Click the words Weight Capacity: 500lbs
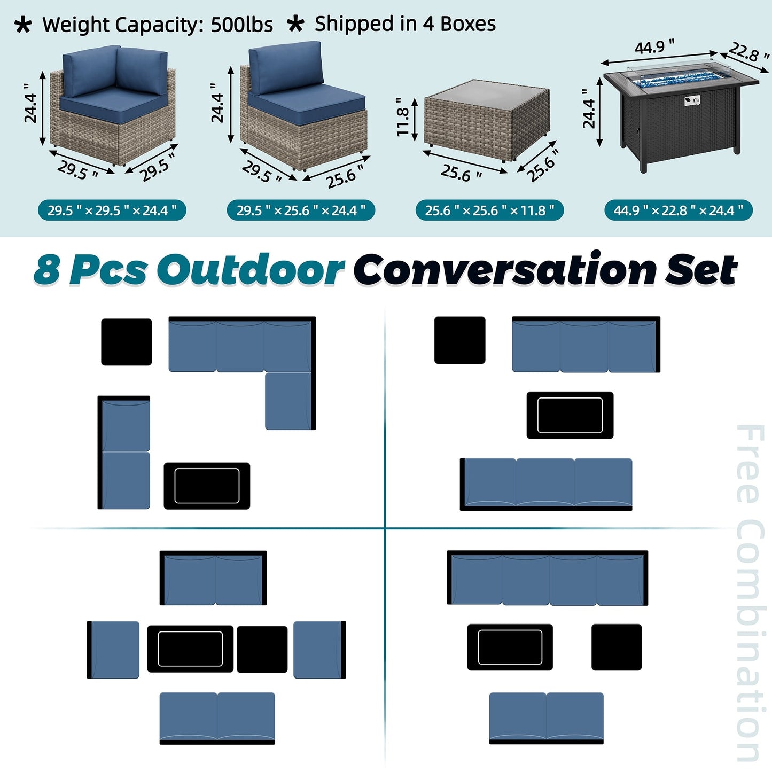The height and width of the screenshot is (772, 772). [157, 25]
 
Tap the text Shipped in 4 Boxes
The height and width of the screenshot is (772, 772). [404, 24]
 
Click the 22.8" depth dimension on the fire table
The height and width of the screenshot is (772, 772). [748, 52]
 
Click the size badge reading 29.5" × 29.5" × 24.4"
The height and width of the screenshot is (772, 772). [112, 210]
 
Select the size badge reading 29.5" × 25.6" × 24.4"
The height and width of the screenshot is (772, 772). [301, 210]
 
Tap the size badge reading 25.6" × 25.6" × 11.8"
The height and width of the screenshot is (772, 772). [489, 210]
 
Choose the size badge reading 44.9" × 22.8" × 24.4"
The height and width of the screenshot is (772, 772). [678, 210]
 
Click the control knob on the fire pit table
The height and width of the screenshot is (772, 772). [691, 100]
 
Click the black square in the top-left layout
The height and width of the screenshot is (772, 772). [127, 342]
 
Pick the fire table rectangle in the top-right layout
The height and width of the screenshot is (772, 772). [570, 415]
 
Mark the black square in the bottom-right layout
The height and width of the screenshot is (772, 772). [617, 647]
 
